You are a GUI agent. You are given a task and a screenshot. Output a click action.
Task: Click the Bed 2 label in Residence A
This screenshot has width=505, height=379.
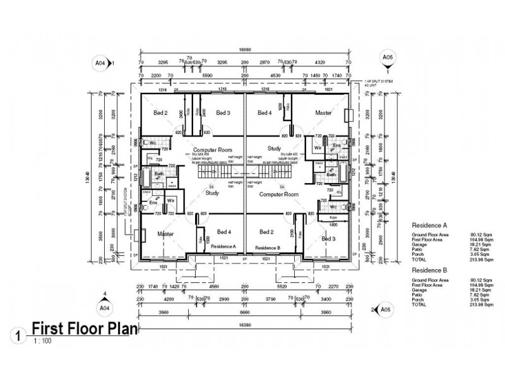coord(160,112)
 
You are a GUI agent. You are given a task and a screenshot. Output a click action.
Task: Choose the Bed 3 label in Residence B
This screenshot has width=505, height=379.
coord(328,239)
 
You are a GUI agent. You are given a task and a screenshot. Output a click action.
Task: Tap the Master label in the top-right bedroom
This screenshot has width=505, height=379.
coord(323,112)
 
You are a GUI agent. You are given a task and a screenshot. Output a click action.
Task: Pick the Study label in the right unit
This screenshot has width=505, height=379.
coord(273,149)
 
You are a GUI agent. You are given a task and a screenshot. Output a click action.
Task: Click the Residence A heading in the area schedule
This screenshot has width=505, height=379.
coord(429,225)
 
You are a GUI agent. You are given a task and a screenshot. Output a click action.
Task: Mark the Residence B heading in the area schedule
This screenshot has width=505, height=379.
coord(429,270)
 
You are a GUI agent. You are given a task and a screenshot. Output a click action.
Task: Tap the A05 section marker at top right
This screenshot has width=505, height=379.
coord(388,59)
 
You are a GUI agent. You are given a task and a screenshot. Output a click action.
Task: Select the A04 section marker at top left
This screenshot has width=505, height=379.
coord(99,63)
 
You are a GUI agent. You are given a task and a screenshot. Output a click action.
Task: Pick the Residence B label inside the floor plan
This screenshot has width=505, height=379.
coord(267,247)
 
